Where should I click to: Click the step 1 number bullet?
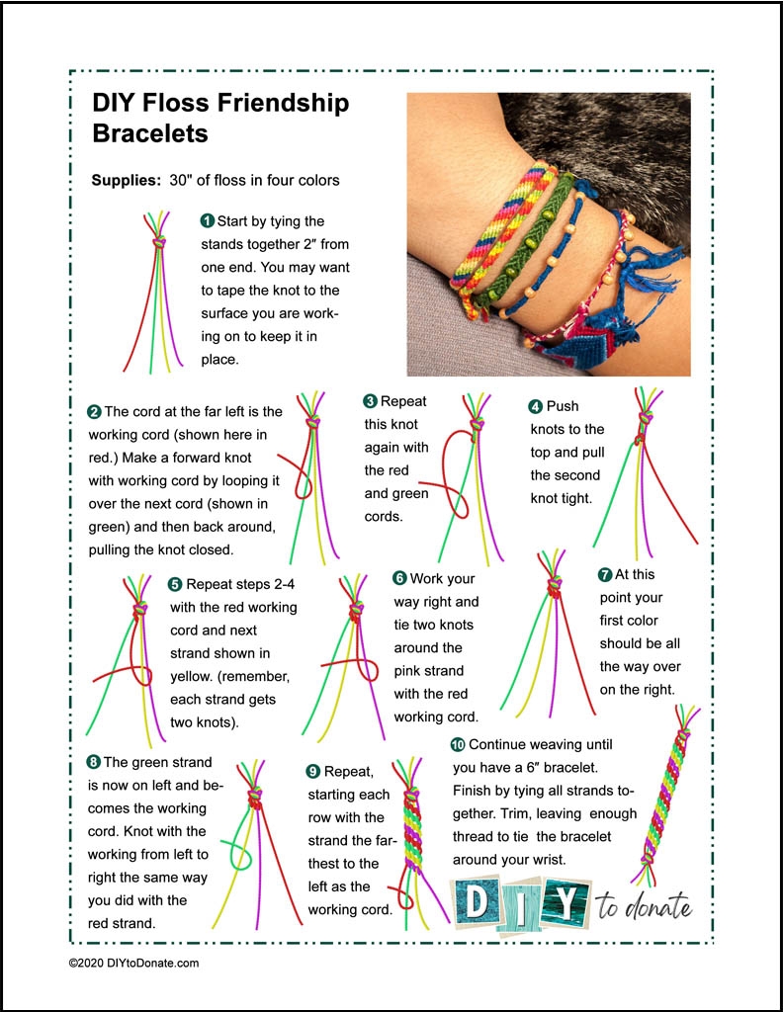(208, 220)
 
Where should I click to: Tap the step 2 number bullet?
(94, 412)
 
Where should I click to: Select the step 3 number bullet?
(370, 401)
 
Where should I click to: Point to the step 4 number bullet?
(536, 406)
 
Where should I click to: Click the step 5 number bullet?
(175, 584)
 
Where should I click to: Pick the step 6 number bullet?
(399, 578)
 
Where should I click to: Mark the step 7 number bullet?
(605, 574)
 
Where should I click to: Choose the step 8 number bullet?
(94, 762)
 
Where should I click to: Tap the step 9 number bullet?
(314, 771)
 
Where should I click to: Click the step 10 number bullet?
(457, 744)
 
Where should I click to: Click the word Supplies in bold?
(125, 181)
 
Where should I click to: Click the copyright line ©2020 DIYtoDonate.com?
(133, 962)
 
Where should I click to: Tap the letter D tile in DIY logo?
(475, 901)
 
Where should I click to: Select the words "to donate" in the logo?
(644, 905)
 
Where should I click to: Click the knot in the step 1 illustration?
(156, 242)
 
